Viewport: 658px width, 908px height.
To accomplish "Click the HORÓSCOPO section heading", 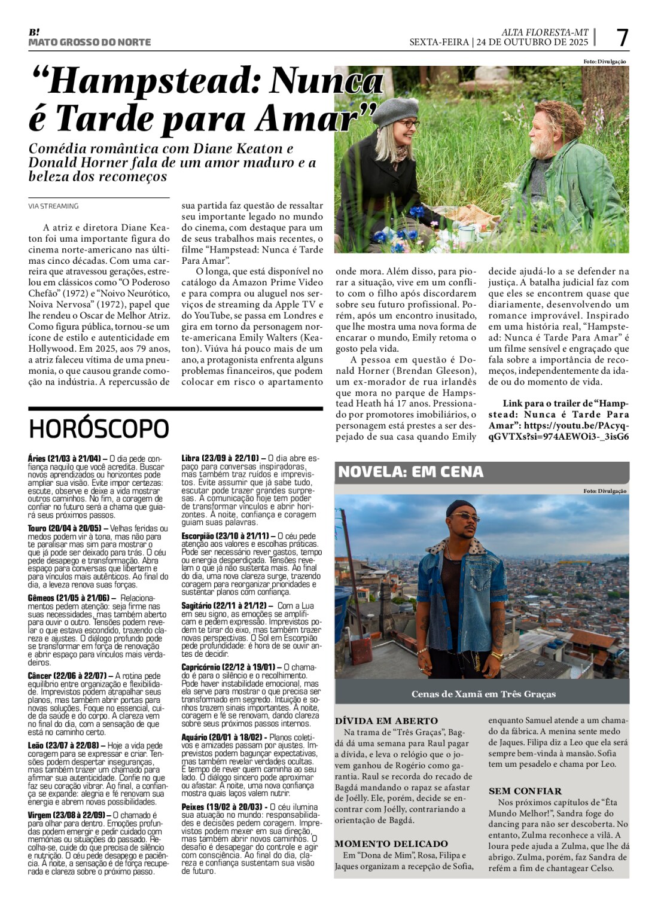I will coord(99,429).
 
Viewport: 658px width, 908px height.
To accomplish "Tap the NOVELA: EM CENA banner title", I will coord(410,472).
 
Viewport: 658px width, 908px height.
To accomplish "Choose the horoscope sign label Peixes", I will coord(193,807).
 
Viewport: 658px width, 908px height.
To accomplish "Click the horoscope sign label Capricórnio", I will coord(200,667).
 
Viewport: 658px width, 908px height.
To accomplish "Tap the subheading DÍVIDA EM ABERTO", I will coord(386,721).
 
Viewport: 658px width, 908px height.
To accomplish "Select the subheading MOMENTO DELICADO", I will coord(391,843).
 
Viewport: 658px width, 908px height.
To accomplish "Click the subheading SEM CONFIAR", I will coord(525,791).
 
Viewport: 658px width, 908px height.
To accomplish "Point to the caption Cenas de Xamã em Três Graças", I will coord(483,694).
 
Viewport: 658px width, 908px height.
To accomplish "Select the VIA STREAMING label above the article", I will coord(53,206).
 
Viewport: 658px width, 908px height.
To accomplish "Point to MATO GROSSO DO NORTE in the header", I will coord(89,42).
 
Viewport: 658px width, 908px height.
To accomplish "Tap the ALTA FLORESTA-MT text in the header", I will coord(544,32).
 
